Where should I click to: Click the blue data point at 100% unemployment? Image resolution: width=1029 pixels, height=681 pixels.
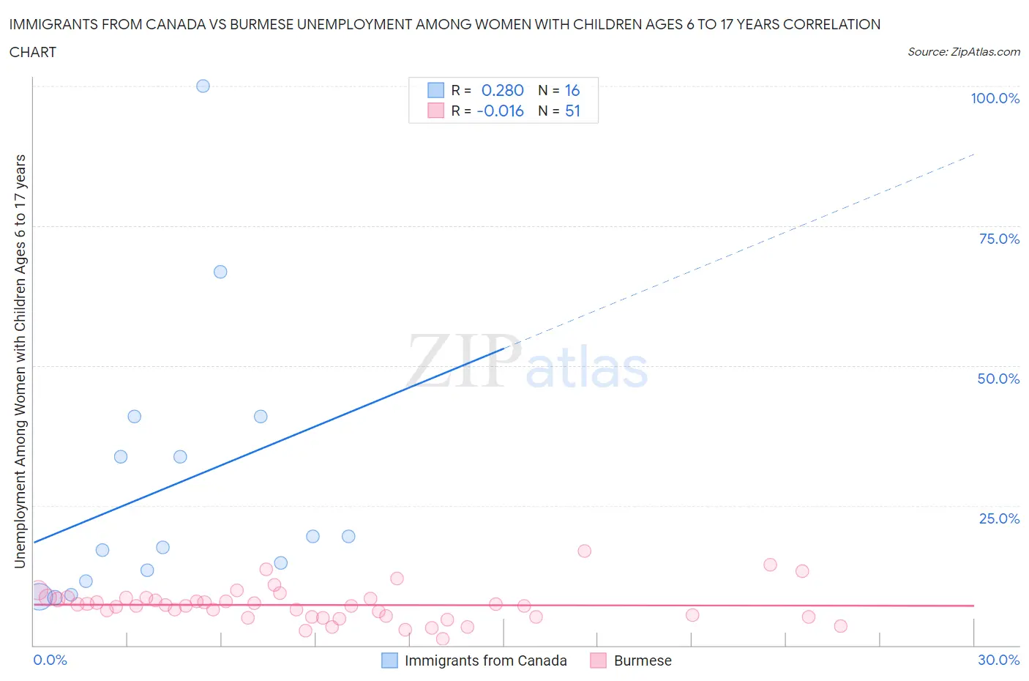point(203,86)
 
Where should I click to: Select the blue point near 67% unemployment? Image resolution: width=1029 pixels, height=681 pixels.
point(220,272)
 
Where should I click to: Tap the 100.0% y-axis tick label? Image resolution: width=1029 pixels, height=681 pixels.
point(995,98)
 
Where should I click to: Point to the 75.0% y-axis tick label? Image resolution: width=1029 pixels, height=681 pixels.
point(999,239)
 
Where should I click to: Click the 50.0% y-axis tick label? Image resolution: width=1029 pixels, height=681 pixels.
point(998,379)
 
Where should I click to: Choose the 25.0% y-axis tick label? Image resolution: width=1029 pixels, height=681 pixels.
point(999,518)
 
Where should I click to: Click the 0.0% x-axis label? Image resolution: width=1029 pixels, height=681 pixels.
point(50,660)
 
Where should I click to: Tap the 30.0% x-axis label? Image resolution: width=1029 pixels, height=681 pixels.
point(998,660)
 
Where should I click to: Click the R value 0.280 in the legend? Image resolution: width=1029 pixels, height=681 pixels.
point(502,90)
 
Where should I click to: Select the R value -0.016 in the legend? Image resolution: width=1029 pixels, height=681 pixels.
point(500,111)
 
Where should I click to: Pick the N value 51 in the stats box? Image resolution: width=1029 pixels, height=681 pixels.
point(572,111)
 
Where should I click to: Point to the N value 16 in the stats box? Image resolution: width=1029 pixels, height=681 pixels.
point(572,90)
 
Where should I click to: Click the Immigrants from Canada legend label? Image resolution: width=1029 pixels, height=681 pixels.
point(485,660)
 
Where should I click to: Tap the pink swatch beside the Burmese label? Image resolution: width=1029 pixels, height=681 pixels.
point(599,660)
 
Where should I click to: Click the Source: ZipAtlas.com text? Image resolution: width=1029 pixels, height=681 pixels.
point(963,51)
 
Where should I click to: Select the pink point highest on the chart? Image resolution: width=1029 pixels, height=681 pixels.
point(584,551)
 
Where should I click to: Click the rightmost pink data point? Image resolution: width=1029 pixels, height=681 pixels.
point(840,626)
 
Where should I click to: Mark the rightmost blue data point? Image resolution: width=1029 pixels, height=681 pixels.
point(348,536)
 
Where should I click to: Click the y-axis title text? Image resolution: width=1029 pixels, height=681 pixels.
point(20,361)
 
